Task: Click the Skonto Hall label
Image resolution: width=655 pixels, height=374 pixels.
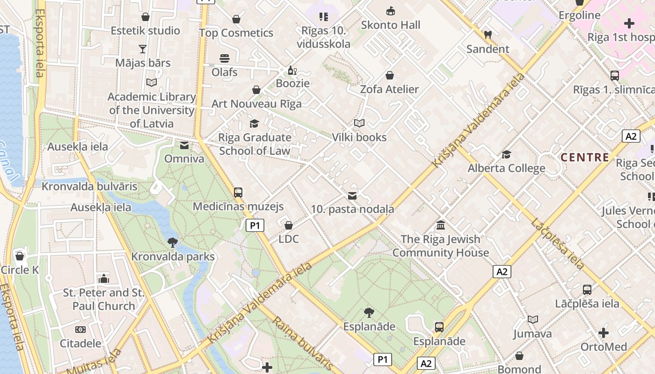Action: coord(391,25)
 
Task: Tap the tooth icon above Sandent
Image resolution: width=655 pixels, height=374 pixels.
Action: coord(488,35)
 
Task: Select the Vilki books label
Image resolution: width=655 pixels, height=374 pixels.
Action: coord(359,137)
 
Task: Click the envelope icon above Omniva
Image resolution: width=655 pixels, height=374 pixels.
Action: coord(184,145)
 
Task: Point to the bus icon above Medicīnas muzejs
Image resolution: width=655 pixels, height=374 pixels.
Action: coord(238,192)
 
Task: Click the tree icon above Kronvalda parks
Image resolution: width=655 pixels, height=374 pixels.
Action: coord(173,242)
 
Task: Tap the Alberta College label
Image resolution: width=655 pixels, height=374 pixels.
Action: coord(506,168)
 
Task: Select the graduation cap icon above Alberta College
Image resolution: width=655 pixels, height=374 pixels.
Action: coord(506,155)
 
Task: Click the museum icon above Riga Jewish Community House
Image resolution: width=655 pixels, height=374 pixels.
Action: coord(441,225)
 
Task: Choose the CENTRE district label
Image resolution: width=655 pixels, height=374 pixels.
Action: coord(585,158)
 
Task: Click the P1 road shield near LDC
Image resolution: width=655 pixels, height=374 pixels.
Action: coord(255,225)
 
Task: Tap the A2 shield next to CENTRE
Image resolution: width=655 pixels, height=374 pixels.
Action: coord(631,136)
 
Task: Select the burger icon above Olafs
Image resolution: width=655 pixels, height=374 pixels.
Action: coord(225,58)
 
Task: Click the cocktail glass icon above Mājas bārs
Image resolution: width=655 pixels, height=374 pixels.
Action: coord(143,49)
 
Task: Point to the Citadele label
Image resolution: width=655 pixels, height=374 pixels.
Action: coord(80,344)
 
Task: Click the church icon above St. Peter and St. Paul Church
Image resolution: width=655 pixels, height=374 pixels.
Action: coord(104,279)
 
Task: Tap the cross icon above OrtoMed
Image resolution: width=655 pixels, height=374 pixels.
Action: coord(604,333)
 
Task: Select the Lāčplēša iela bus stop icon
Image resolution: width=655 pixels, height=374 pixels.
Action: coord(587,290)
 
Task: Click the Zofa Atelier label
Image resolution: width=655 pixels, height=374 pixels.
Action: coord(389,89)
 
